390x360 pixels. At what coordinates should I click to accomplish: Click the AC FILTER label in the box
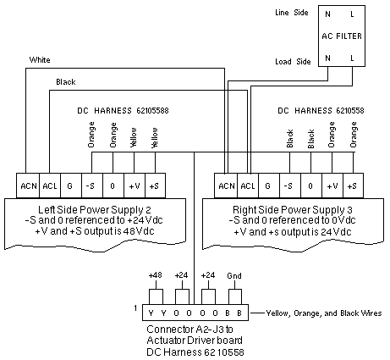[x=342, y=36]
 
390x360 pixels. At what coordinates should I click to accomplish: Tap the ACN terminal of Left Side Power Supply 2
[x=28, y=186]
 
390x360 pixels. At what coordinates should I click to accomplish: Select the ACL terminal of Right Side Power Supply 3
[x=248, y=186]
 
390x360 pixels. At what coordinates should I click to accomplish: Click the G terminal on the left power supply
[x=71, y=186]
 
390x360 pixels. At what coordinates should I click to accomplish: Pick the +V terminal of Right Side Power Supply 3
[x=332, y=186]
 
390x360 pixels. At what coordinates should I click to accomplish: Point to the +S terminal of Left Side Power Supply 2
[x=155, y=186]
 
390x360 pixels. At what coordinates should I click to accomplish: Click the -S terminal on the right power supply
[x=290, y=186]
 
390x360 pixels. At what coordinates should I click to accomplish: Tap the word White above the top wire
[x=40, y=60]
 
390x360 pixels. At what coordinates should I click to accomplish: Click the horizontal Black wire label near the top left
[x=66, y=82]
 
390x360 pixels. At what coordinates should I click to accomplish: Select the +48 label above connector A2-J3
[x=155, y=275]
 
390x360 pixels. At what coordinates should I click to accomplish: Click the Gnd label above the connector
[x=234, y=275]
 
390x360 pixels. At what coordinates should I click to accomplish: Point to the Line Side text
[x=292, y=13]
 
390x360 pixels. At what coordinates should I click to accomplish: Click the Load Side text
[x=293, y=62]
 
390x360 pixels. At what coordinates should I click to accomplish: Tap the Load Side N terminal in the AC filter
[x=327, y=58]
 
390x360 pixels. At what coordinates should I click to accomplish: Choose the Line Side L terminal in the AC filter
[x=352, y=14]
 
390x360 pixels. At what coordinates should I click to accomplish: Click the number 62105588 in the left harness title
[x=152, y=110]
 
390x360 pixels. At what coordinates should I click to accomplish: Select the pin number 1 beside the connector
[x=135, y=307]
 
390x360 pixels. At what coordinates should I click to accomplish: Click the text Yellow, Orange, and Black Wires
[x=324, y=313]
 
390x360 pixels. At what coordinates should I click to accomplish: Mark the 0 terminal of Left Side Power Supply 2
[x=113, y=186]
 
